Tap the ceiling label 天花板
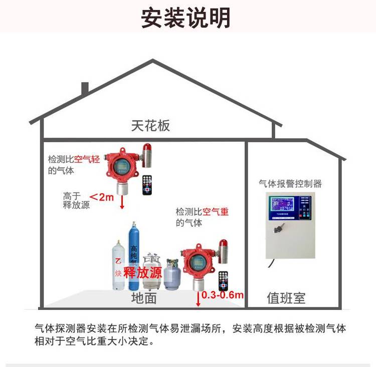[150, 125]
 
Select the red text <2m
[102, 197]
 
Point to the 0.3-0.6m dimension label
[223, 295]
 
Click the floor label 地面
[144, 299]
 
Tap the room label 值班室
[286, 299]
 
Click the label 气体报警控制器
[290, 184]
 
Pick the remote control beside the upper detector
[147, 185]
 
